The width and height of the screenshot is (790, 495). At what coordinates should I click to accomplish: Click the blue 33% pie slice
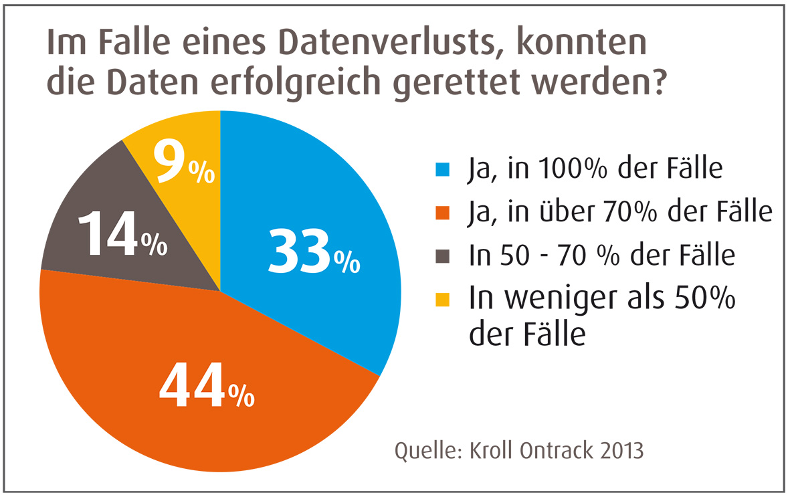pyautogui.click(x=314, y=201)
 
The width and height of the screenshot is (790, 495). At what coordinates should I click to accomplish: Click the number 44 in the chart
pyautogui.click(x=191, y=389)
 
